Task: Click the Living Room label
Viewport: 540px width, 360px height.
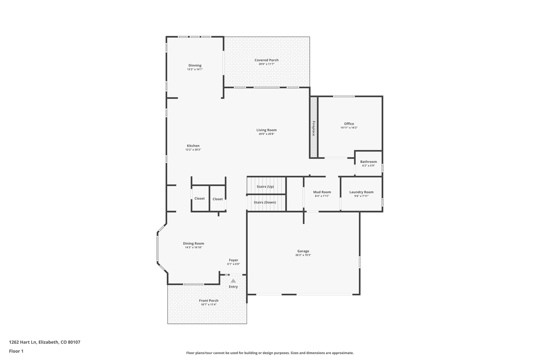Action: pyautogui.click(x=266, y=130)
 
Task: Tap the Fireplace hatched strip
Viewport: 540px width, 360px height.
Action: pyautogui.click(x=313, y=128)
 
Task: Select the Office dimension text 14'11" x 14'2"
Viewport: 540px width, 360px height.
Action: pyautogui.click(x=349, y=128)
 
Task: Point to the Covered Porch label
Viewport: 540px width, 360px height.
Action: pyautogui.click(x=266, y=60)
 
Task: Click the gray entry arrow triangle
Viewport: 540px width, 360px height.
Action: pyautogui.click(x=233, y=281)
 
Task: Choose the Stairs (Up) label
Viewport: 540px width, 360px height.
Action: pyautogui.click(x=265, y=187)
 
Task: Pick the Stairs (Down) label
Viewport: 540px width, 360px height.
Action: pyautogui.click(x=265, y=203)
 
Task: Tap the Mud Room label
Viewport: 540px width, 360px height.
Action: pyautogui.click(x=322, y=192)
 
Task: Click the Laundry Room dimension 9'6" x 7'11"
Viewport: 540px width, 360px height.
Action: pyautogui.click(x=361, y=196)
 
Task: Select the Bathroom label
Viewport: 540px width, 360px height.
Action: pyautogui.click(x=368, y=162)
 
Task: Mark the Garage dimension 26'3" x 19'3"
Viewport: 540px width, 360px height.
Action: pyautogui.click(x=303, y=255)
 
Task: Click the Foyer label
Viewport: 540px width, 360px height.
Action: pyautogui.click(x=233, y=260)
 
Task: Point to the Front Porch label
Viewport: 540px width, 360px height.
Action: pyautogui.click(x=209, y=301)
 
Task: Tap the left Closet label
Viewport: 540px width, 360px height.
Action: pyautogui.click(x=199, y=199)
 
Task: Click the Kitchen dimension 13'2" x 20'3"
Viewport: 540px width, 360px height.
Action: pyautogui.click(x=193, y=150)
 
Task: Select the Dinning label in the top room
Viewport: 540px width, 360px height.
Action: pyautogui.click(x=195, y=65)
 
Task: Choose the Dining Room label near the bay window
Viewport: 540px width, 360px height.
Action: pyautogui.click(x=194, y=244)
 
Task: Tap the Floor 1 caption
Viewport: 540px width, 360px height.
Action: pyautogui.click(x=16, y=351)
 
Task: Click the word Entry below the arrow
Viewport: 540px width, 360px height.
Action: pyautogui.click(x=233, y=287)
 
